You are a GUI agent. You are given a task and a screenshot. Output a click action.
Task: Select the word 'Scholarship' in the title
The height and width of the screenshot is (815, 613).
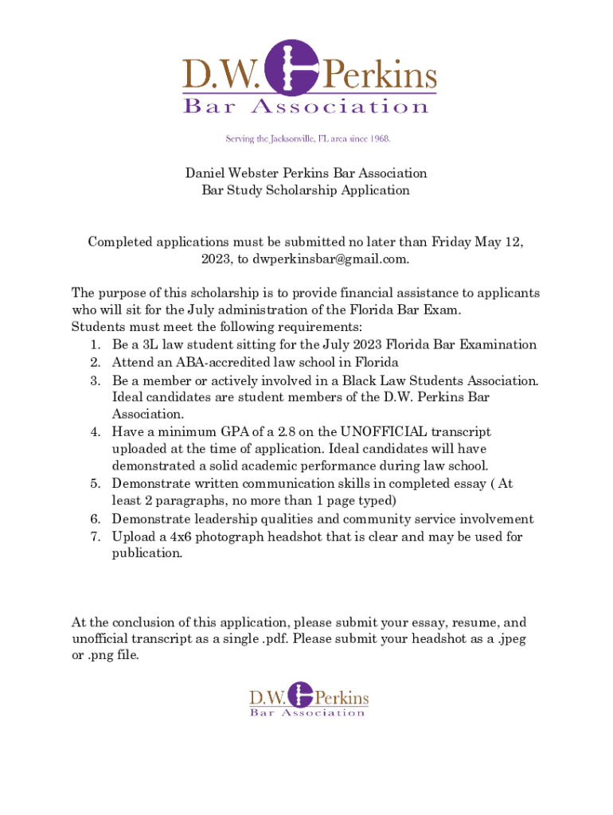tap(303, 190)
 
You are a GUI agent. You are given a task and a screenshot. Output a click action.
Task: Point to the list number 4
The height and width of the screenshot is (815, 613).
tap(95, 432)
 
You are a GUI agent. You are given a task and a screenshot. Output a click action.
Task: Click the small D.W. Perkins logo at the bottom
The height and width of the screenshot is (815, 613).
tap(309, 700)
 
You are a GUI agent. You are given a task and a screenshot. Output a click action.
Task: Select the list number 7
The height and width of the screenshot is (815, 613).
tap(95, 536)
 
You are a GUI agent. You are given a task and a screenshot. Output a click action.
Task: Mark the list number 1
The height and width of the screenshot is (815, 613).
tap(95, 345)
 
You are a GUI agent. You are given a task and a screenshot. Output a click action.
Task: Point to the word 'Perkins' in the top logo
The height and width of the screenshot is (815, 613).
tap(378, 76)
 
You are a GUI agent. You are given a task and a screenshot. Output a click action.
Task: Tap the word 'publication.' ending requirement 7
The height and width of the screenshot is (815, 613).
tap(147, 554)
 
